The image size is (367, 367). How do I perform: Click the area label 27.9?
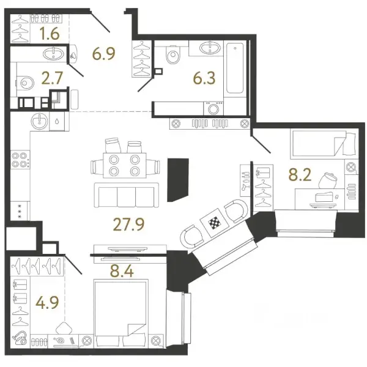click(128, 224)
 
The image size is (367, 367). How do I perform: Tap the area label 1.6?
click(50, 34)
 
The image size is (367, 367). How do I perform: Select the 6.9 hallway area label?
click(104, 54)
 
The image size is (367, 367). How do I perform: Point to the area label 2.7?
click(52, 78)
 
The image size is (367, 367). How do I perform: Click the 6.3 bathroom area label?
click(204, 78)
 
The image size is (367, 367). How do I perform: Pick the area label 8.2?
click(300, 175)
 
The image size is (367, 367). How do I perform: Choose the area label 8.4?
click(122, 272)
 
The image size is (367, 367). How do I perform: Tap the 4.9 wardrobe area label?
click(47, 302)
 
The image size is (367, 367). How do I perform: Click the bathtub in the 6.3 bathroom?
click(235, 68)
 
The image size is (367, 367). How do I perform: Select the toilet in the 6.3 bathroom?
click(172, 54)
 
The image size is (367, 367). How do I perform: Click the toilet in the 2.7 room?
click(25, 83)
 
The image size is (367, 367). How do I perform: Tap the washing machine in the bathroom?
click(213, 108)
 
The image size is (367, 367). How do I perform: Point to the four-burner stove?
click(20, 160)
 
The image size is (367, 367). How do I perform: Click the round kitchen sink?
click(39, 122)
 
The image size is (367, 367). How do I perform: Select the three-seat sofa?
click(127, 195)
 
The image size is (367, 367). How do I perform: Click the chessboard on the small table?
click(215, 223)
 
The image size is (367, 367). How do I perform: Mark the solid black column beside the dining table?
click(178, 180)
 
